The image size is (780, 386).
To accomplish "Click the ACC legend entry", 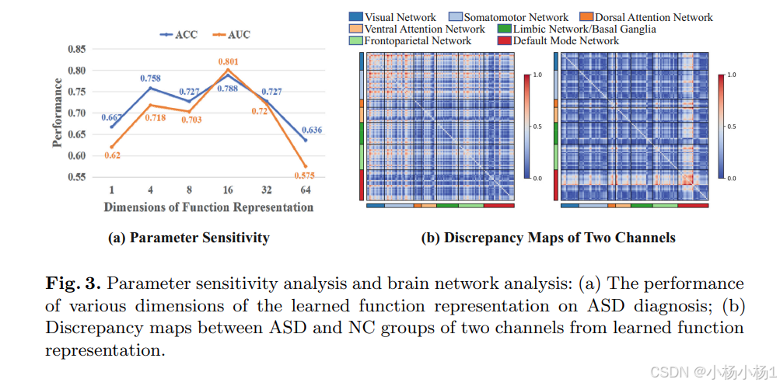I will (180, 34).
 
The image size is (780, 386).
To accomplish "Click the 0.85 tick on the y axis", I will (75, 49).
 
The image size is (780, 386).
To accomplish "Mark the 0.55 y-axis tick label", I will (75, 176).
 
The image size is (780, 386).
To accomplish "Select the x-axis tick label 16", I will (227, 190).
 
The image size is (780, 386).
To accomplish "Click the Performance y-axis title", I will (58, 113).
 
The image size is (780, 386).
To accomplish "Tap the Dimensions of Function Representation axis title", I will (208, 207).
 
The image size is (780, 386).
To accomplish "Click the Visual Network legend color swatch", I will (356, 17).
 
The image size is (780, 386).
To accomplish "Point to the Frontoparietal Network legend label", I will (418, 40).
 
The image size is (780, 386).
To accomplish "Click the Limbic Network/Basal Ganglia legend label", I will (584, 29).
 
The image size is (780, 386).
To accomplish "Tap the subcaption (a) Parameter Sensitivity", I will (188, 238).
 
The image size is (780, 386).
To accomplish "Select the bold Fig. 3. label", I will (75, 283).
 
